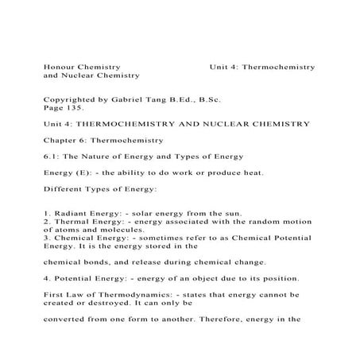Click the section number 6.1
click(x=52, y=155)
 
